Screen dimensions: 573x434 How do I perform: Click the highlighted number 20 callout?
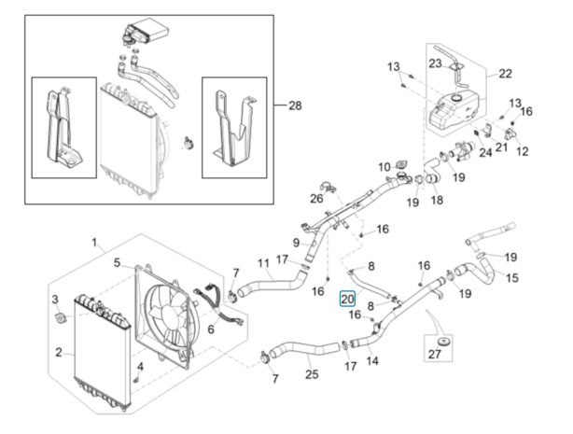[x=347, y=299]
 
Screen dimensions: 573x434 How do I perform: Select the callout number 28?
[x=295, y=105]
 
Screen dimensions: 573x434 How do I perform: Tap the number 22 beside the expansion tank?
[x=506, y=74]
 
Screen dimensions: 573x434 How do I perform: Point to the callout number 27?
[x=435, y=354]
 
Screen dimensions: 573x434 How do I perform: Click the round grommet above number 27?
[x=444, y=343]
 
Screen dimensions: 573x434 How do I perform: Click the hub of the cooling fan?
[x=166, y=312]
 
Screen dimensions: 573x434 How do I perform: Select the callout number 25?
[x=312, y=374]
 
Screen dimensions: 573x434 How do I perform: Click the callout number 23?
[x=435, y=63]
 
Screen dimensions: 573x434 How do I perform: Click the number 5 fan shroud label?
[x=117, y=262]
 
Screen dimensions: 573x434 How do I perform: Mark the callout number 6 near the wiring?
[x=211, y=329]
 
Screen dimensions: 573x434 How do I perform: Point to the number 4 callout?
[x=140, y=367]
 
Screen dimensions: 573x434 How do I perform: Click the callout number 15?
[x=512, y=278]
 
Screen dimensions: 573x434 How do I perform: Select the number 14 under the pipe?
[x=372, y=361]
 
